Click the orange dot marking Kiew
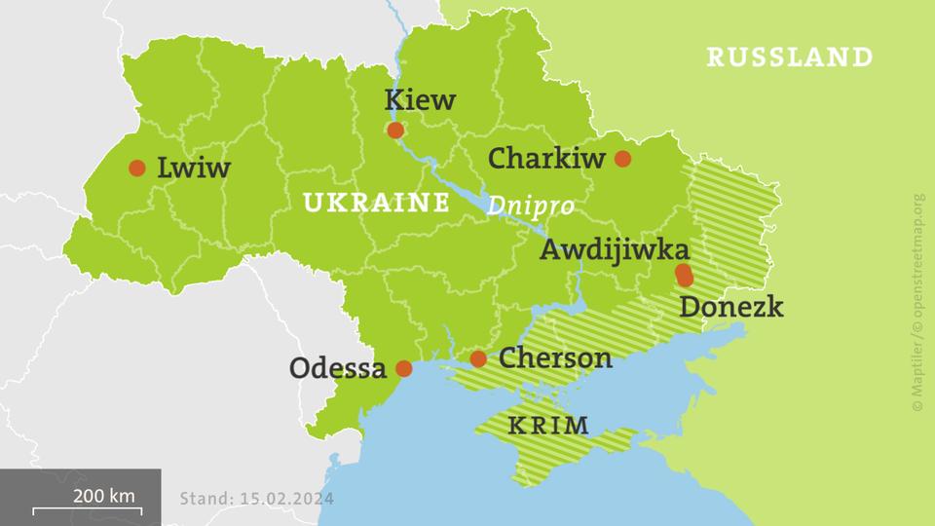395,131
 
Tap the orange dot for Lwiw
137,168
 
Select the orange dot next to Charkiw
622,159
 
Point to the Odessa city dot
405,368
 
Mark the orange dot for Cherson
478,359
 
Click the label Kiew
420,99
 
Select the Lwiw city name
194,169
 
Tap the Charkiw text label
546,158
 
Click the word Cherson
555,358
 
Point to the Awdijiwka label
615,249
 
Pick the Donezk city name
730,307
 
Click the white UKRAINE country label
376,203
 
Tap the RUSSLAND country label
789,57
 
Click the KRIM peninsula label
548,426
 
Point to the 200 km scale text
103,496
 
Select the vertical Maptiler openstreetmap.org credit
918,301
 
